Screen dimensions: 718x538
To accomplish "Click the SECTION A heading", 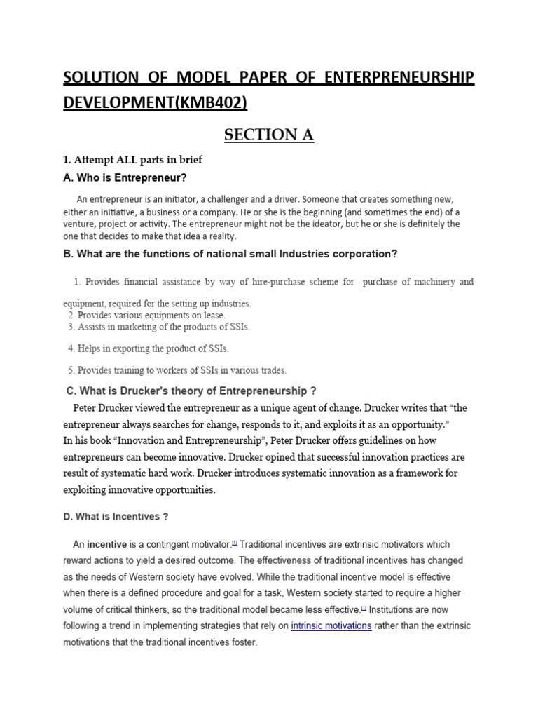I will coord(269,135).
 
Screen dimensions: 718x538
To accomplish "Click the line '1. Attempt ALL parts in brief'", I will coord(132,160).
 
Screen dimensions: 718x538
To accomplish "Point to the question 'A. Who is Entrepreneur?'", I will coord(125,177).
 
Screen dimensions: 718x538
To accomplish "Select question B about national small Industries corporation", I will coord(231,254).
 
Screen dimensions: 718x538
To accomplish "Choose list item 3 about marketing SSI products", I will coord(158,327).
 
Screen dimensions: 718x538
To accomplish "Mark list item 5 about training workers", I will coord(177,370).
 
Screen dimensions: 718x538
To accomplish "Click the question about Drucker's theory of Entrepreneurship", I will coord(186,391).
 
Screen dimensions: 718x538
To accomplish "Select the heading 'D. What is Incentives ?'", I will coord(116,517).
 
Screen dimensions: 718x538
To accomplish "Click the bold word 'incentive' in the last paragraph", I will coord(106,544).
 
